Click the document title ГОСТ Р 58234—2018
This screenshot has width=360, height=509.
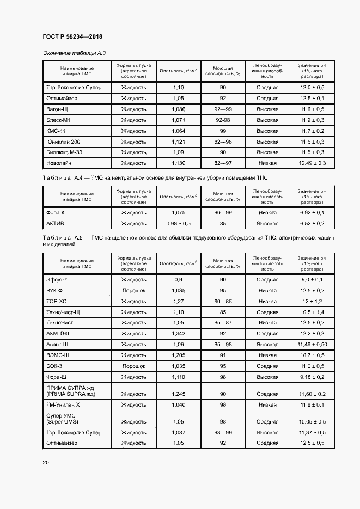[x=72, y=36]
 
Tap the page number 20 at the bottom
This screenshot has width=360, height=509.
[x=46, y=462]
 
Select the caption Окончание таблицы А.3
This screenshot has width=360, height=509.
[x=74, y=53]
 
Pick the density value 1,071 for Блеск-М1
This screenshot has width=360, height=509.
[x=178, y=120]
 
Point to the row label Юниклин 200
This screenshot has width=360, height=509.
[x=63, y=141]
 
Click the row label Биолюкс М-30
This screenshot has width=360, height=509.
[x=65, y=152]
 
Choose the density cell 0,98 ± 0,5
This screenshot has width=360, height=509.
[x=178, y=223]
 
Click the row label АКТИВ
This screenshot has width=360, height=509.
[x=56, y=223]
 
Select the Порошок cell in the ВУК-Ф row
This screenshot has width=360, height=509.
[x=133, y=290]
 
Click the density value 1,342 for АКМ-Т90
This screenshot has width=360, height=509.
[x=178, y=333]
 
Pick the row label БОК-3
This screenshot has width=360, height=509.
[x=54, y=366]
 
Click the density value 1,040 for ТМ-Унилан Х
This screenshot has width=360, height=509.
[x=178, y=404]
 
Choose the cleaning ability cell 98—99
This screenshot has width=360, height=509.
[x=223, y=432]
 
